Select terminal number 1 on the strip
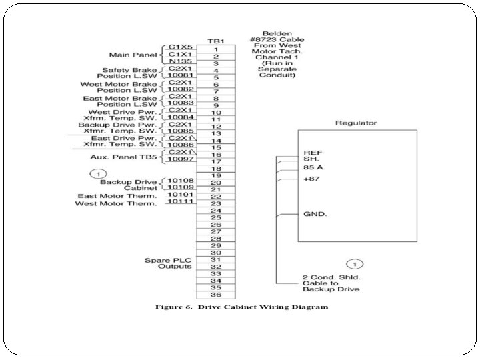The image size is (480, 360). (x=216, y=49)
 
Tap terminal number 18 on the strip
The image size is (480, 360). (x=216, y=169)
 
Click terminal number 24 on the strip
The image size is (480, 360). (x=216, y=211)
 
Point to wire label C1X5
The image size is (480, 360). (x=181, y=47)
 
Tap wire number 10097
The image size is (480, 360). (x=181, y=159)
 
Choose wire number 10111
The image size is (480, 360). (x=181, y=202)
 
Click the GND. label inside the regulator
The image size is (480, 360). (x=313, y=215)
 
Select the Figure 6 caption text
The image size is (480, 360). (x=241, y=307)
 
